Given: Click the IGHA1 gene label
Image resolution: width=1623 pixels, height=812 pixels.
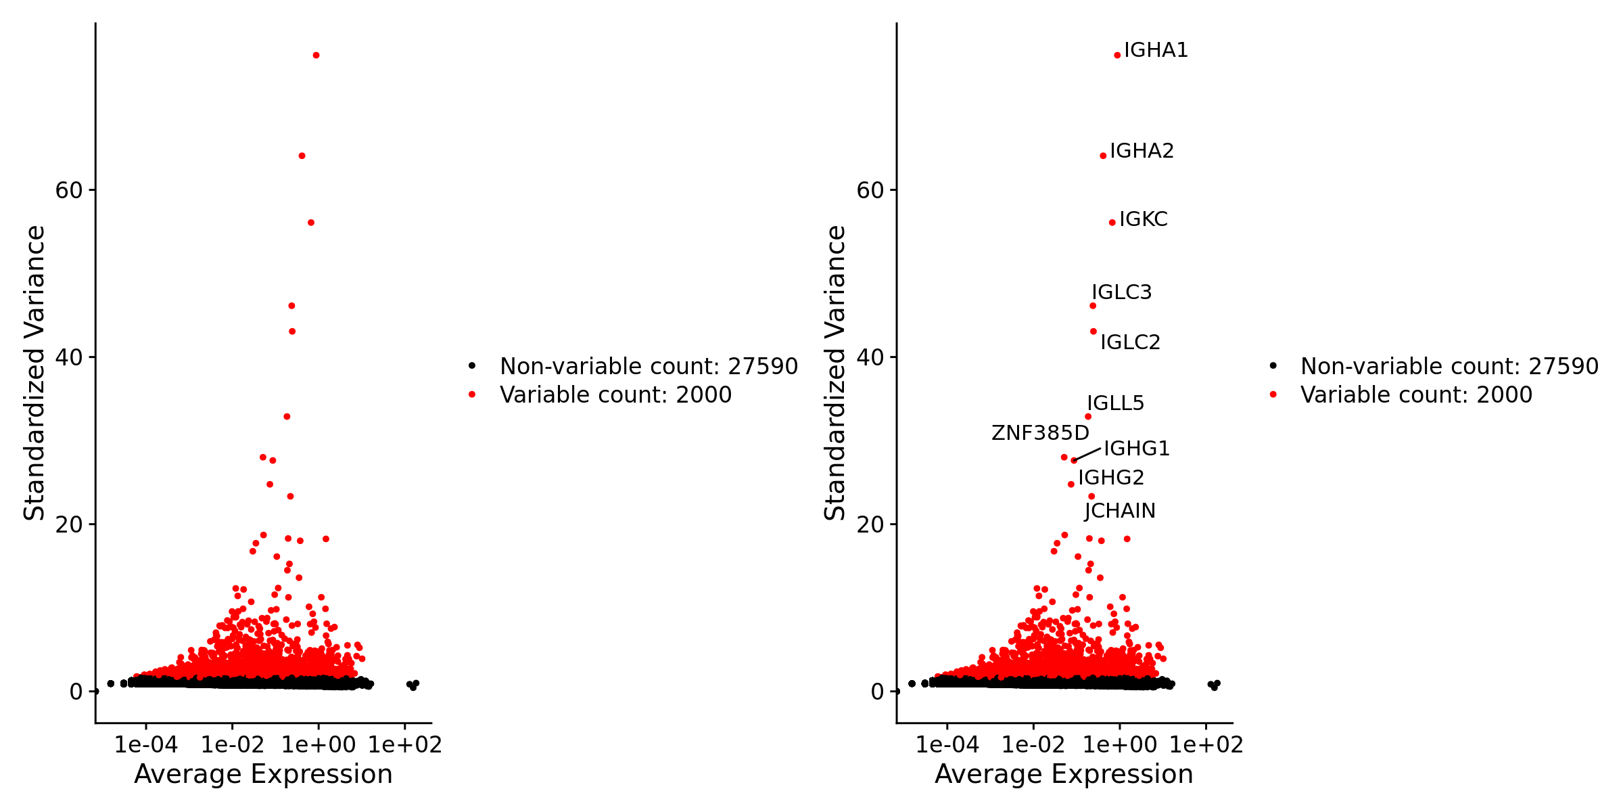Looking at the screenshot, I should coord(1156,51).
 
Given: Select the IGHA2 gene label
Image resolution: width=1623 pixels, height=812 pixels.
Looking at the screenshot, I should coord(1142,151).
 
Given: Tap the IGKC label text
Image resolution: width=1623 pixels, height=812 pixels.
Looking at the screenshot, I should coord(1143,219).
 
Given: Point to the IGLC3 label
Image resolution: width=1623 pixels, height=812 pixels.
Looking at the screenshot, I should coord(1121,292).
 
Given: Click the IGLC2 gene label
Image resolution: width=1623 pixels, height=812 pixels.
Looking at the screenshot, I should coord(1130,342).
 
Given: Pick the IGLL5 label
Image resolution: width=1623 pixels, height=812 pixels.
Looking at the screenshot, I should coord(1115,403).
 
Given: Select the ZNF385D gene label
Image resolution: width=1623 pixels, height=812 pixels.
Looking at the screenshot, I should coord(1040,433).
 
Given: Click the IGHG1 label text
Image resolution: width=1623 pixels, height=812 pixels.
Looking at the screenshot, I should coord(1136,449).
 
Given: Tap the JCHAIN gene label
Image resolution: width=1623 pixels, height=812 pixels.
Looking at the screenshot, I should coord(1120,511).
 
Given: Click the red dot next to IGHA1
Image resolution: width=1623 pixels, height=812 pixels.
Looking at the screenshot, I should coord(1117,55).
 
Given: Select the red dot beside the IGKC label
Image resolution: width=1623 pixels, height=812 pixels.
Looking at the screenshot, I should coord(1112,223).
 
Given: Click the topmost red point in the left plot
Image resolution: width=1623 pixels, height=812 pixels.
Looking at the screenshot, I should coord(316,55).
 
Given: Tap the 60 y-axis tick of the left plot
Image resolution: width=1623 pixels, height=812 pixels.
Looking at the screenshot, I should coord(68,190).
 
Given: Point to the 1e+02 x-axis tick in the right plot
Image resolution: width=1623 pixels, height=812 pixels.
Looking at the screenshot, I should coord(1206,745).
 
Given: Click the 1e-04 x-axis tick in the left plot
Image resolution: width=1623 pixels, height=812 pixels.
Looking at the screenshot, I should coord(146,745).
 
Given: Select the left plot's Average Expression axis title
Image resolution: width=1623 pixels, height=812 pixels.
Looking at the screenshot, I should coord(263,774).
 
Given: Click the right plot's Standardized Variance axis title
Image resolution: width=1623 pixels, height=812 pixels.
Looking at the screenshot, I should coord(835,373).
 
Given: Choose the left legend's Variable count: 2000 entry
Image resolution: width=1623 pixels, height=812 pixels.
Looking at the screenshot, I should coord(615,394).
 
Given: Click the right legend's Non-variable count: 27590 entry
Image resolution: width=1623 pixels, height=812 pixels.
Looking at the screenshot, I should coord(1449,366).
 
